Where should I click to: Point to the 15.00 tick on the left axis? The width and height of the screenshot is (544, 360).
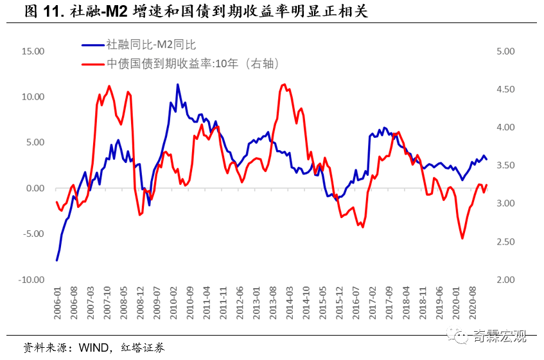[31, 51]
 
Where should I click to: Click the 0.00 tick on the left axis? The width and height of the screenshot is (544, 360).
[33, 188]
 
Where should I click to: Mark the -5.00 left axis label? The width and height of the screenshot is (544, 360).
[31, 234]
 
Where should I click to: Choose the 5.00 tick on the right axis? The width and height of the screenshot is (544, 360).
[507, 51]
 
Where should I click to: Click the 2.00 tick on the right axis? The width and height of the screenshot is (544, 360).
[507, 280]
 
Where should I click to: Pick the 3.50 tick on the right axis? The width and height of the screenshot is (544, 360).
[507, 165]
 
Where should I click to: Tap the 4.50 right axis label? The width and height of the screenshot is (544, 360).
[507, 89]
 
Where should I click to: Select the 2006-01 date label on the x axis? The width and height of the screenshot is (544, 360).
[57, 304]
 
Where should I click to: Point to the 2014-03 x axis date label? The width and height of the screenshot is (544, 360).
[290, 304]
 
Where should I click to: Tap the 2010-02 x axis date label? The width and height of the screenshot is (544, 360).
[173, 304]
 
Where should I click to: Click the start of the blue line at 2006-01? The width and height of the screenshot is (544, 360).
[57, 260]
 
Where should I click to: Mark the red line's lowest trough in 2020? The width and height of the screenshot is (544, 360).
[462, 238]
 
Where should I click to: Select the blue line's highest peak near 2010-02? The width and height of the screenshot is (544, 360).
[177, 85]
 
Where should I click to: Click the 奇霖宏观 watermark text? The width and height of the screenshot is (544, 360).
[500, 336]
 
